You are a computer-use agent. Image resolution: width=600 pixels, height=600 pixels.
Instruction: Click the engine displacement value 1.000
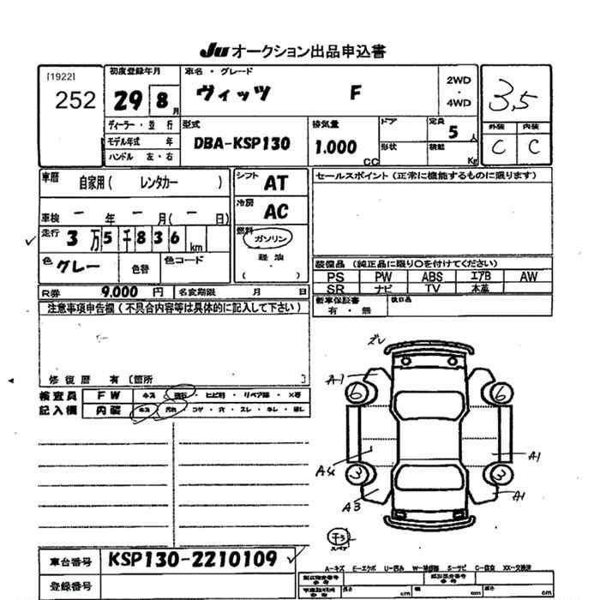[336, 147]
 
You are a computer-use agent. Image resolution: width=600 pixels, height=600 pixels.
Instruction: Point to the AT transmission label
[275, 183]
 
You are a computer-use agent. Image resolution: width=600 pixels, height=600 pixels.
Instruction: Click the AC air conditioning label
[276, 212]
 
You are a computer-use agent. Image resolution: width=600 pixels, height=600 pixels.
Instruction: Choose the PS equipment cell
[335, 277]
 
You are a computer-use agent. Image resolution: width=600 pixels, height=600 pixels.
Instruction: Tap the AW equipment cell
[529, 277]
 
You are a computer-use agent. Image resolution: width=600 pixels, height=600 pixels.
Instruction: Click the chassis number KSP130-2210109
[192, 560]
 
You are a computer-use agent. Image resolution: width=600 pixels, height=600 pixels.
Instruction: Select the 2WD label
[459, 80]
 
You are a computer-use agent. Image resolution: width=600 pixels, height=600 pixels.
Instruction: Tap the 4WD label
[459, 103]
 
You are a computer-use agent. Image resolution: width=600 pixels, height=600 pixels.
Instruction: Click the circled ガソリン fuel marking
[273, 238]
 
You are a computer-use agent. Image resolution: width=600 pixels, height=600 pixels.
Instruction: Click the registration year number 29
[129, 101]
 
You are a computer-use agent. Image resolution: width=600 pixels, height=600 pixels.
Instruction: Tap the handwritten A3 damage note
[351, 507]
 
